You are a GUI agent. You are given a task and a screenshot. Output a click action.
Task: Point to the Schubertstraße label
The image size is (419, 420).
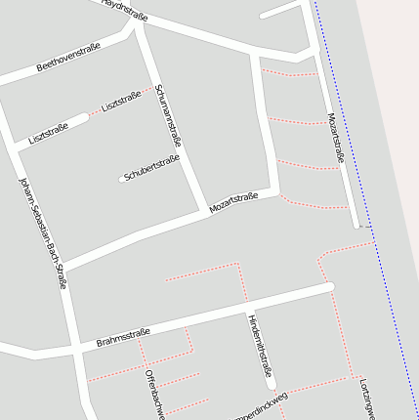pos(152,167)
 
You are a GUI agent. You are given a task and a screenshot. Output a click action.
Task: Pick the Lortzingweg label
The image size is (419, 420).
pos(366,399)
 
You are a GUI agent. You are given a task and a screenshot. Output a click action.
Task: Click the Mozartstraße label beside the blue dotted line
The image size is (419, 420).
pos(337,138)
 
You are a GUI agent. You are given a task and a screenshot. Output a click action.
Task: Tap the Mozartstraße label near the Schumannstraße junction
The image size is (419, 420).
pos(233,203)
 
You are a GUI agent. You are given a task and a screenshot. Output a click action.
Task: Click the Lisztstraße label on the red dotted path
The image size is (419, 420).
pos(121,100)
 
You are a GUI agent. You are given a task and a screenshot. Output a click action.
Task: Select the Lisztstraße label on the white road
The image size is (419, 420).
pos(48,134)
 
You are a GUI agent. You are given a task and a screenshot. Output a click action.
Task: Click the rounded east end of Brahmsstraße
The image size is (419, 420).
pos(330,286)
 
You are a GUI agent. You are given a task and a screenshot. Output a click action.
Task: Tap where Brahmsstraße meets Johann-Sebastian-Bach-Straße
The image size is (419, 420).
pos(72,346)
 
